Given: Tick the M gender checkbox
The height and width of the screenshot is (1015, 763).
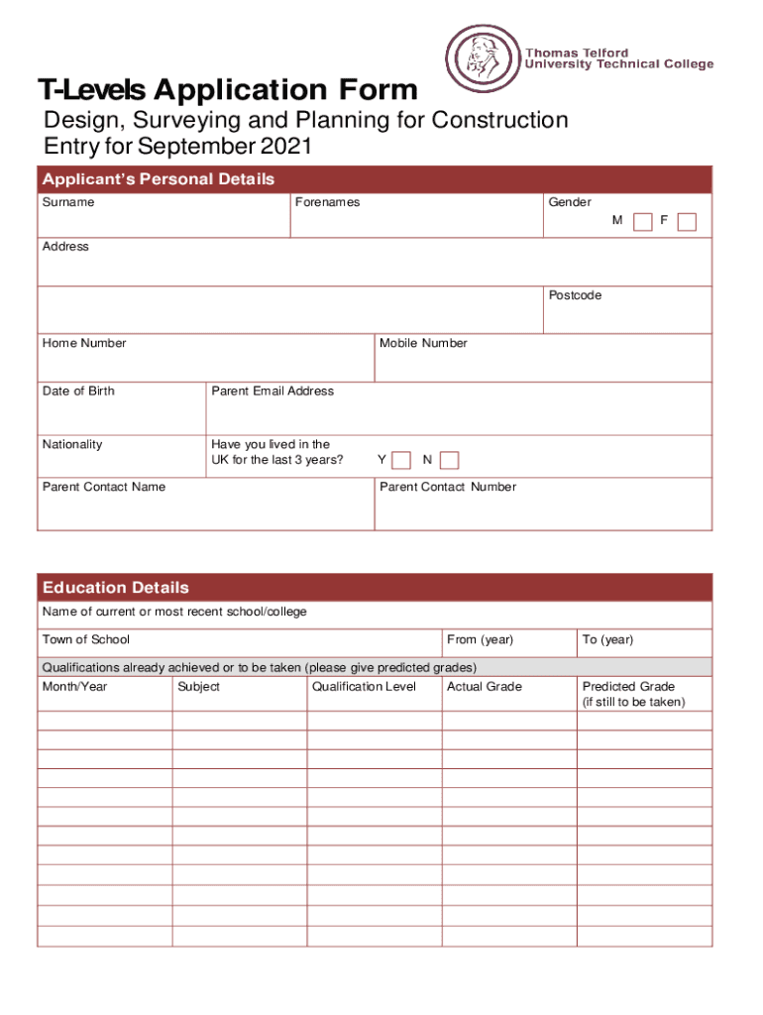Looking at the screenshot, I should click(x=643, y=222).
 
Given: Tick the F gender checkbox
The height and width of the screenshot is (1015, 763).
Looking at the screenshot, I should click(x=687, y=222).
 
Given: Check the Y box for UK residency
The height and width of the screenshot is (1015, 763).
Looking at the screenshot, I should click(x=401, y=460).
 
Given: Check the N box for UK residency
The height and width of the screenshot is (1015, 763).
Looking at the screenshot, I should click(x=449, y=460).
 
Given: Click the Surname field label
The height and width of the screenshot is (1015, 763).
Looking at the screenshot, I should click(x=68, y=202).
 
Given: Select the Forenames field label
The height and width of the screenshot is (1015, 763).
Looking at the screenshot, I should click(x=327, y=202).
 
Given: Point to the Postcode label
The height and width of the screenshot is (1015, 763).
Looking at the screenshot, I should click(x=575, y=295).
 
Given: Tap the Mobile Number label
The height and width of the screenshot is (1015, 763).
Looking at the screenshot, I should click(x=423, y=343).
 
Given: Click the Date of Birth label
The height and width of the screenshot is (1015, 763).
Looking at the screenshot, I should click(x=78, y=391).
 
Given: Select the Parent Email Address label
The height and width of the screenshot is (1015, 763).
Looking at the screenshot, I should click(x=272, y=391).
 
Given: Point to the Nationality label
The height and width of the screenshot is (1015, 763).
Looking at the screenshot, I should click(x=72, y=444).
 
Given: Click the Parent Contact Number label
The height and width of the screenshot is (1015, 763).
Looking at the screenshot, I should click(x=448, y=487).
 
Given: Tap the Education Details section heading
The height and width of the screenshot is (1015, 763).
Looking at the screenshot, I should click(x=115, y=588).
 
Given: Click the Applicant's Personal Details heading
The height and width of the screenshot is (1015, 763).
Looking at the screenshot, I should click(x=158, y=179).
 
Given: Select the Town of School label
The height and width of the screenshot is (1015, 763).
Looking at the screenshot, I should click(x=86, y=639).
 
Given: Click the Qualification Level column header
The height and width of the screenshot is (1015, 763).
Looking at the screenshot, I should click(x=364, y=687).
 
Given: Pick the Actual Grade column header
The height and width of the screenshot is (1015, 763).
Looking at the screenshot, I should click(x=485, y=687).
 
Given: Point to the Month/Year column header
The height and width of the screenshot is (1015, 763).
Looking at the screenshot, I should click(x=75, y=687).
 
